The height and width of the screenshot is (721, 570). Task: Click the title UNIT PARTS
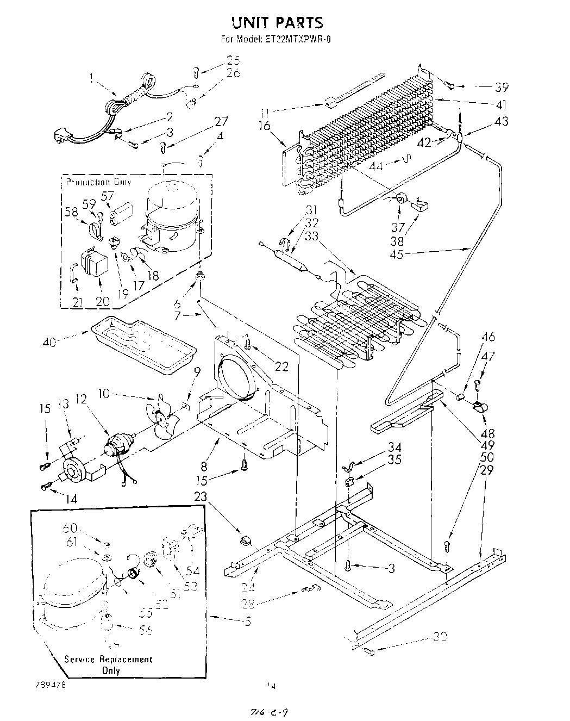[x=277, y=22]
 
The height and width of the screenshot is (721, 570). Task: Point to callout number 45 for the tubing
[x=397, y=254]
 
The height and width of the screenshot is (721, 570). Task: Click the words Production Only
[x=98, y=182]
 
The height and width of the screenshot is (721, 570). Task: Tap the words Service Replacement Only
[x=108, y=664]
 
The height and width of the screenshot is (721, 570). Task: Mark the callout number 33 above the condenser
[x=311, y=237]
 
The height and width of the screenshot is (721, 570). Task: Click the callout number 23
[x=201, y=496]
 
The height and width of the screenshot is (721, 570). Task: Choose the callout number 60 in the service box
[x=70, y=527]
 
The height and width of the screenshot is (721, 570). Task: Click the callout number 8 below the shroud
[x=204, y=465]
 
